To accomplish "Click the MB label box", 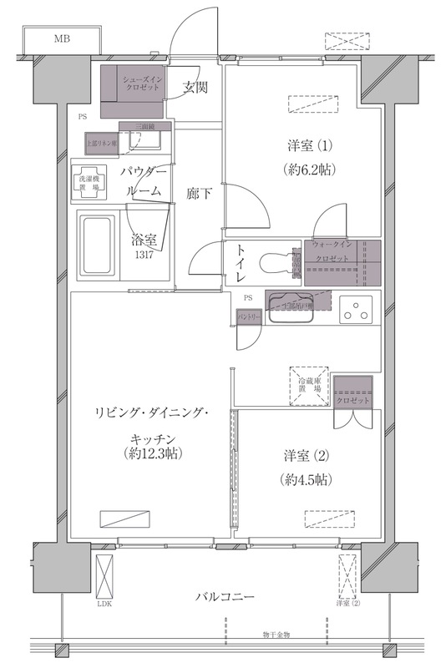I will tap(63, 39).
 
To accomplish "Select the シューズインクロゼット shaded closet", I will tap(134, 91).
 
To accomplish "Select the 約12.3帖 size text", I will tap(151, 454).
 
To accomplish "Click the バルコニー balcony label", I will tap(226, 597).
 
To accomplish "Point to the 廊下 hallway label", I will tap(199, 194).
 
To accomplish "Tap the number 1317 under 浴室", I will tap(141, 254).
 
